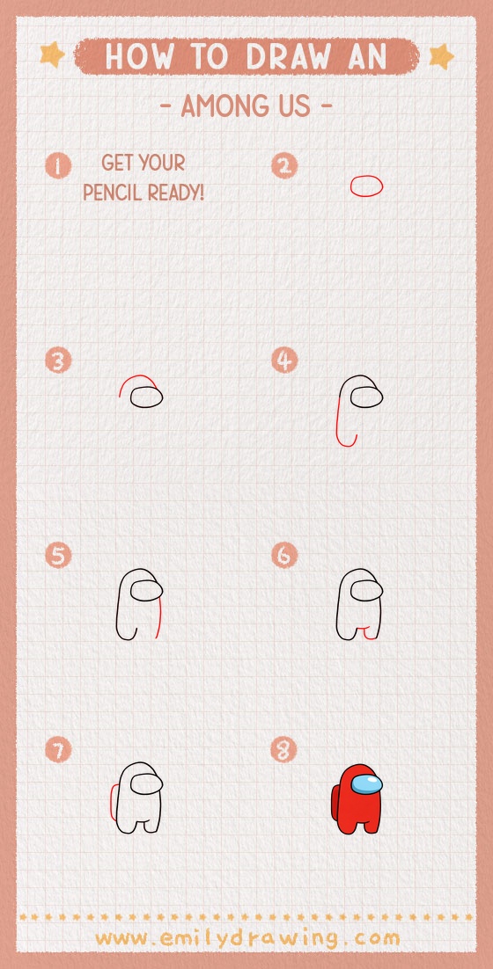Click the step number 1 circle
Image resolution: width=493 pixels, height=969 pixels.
point(58,165)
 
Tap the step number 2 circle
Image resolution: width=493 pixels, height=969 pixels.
point(284,165)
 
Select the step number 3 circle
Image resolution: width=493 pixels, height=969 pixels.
point(58,361)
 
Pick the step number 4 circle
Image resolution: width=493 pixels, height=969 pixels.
point(284,361)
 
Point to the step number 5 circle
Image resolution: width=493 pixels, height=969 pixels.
point(58,556)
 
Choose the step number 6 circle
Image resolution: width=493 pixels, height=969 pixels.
point(284,556)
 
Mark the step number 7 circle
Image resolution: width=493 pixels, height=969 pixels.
point(58,750)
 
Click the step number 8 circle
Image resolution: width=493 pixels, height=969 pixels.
point(284,750)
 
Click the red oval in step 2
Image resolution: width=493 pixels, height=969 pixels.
point(366,186)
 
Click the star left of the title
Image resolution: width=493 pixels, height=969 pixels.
point(53,55)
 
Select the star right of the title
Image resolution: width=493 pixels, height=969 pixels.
point(440,57)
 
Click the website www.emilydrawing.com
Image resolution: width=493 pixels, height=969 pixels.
point(246,938)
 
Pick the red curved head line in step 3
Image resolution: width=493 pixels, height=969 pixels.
point(136,382)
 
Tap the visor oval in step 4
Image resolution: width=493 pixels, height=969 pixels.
point(366,398)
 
